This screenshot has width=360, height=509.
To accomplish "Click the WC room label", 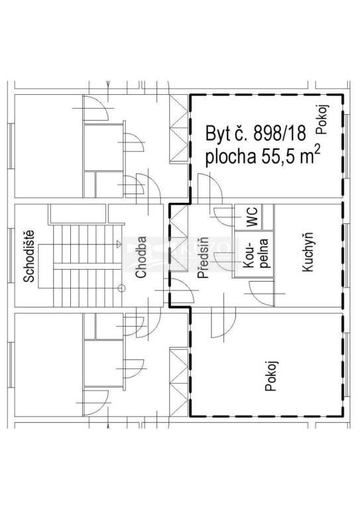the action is tap(252, 217).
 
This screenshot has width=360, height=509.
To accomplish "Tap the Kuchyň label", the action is tap(307, 252).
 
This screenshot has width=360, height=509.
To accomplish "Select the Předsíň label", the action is tap(204, 257).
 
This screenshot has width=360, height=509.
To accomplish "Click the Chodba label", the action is tap(141, 257).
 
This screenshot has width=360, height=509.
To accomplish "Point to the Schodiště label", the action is tap(29, 256).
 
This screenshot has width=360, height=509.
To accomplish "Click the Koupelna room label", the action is tap(256, 253).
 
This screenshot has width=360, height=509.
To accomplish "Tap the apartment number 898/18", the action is tap(280, 133).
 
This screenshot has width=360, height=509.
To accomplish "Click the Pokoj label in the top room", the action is tap(323, 119).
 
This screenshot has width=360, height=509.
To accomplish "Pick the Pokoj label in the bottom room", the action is tap(270, 376).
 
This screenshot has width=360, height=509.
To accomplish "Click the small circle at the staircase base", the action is tap(121, 288).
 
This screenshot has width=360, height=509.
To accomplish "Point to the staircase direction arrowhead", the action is tap(119, 244).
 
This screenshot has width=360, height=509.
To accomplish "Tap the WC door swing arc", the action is tap(223, 217).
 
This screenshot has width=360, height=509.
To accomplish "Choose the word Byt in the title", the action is tap(217, 133).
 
